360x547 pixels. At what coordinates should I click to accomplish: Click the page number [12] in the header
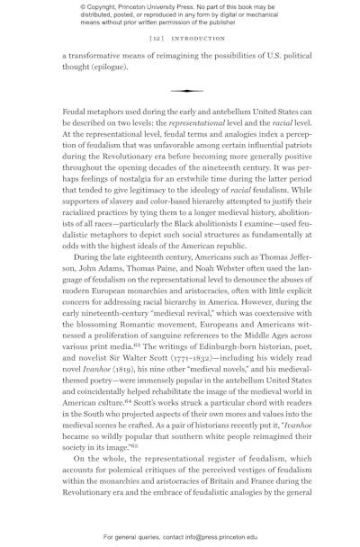pyautogui.click(x=156, y=40)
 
